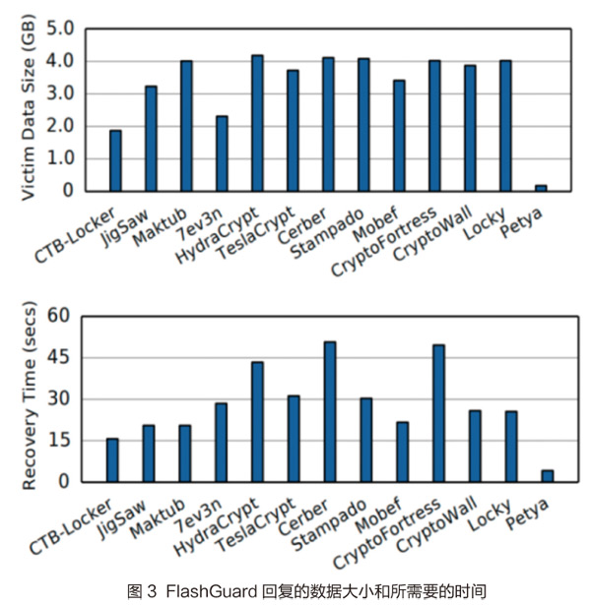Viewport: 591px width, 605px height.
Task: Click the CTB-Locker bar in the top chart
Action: click(x=115, y=160)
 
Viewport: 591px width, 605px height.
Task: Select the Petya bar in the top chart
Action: click(x=541, y=187)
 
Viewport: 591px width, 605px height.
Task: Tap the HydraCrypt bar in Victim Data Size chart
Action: click(x=257, y=123)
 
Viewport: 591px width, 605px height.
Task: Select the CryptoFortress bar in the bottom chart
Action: click(x=438, y=413)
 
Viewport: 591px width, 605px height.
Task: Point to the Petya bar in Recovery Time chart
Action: click(x=548, y=476)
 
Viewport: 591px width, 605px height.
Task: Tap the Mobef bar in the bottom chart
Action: click(x=402, y=452)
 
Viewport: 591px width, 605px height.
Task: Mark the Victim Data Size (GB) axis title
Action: click(x=28, y=110)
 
